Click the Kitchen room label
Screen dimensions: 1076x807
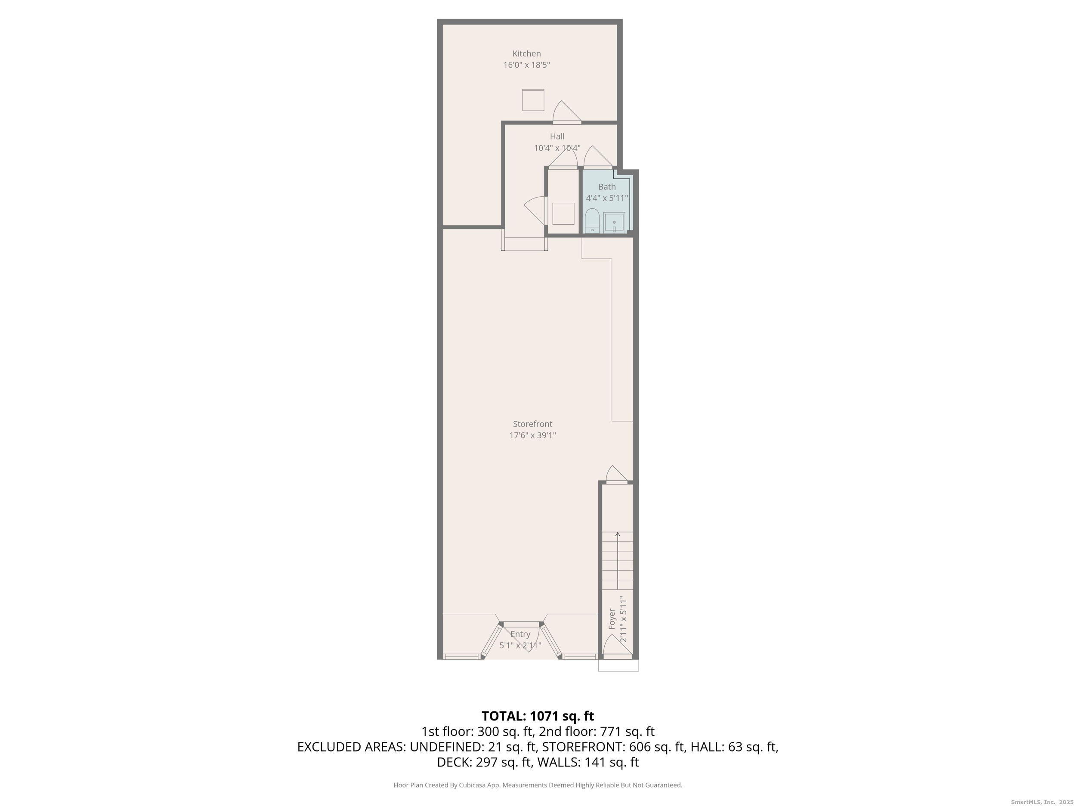526,53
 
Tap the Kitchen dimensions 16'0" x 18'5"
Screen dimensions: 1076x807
526,65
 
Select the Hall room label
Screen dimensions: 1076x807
557,136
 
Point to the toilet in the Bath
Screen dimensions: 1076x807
592,221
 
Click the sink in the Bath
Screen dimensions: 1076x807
614,223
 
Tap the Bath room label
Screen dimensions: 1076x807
606,186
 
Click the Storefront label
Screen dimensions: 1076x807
533,424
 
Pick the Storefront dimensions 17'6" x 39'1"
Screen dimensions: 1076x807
533,436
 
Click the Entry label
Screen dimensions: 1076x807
520,634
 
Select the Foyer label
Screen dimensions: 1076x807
612,619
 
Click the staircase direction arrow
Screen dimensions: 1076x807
618,561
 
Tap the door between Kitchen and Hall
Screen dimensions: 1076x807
567,112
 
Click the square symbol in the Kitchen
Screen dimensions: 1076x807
533,100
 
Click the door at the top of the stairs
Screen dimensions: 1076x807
617,474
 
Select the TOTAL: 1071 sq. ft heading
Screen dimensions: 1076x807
538,716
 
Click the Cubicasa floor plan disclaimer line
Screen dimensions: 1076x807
538,785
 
